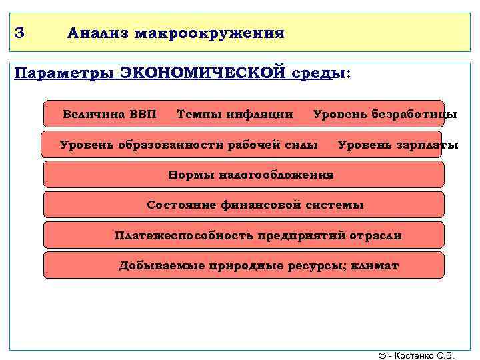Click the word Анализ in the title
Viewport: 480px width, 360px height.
[97, 33]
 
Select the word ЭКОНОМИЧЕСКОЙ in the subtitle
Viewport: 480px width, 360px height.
[203, 72]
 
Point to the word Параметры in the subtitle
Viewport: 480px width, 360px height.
[63, 72]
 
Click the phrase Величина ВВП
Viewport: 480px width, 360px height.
[109, 114]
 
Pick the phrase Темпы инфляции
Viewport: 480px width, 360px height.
[235, 114]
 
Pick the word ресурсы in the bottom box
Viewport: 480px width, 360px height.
[307, 265]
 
